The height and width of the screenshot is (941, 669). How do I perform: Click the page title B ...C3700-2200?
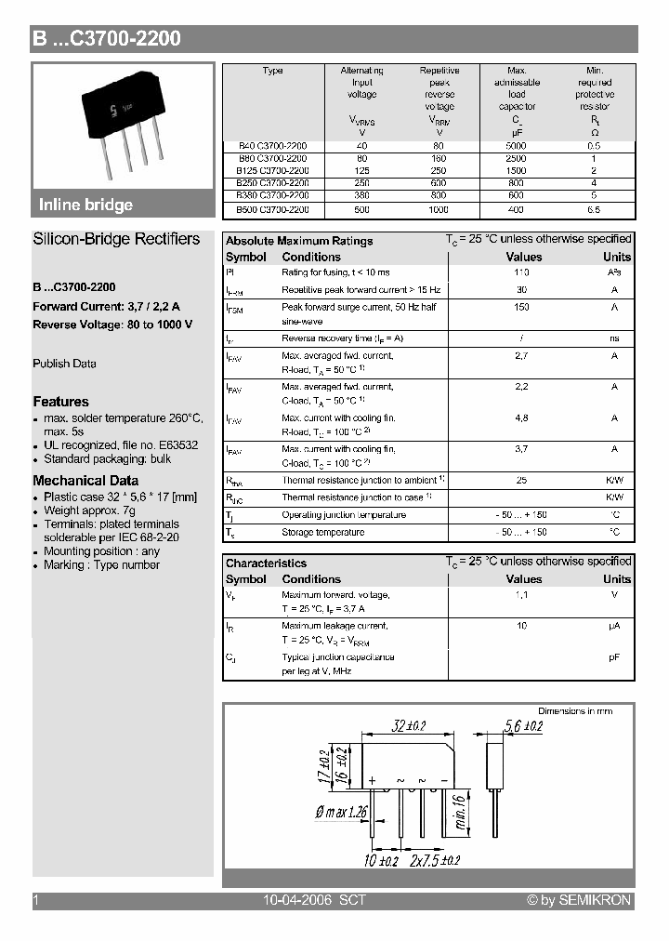coord(107,38)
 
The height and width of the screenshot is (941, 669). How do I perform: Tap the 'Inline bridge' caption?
coord(85,205)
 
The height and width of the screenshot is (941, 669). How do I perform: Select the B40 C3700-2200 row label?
coord(272,147)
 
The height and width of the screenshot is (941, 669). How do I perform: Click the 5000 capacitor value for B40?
coord(517,147)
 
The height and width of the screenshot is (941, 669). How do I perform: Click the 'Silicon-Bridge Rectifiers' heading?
coord(116,239)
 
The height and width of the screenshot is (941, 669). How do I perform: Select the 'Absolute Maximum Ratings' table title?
coord(299,241)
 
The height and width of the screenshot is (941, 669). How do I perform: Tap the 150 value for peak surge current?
coord(522,307)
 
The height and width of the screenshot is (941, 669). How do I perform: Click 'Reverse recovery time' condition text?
coord(342,338)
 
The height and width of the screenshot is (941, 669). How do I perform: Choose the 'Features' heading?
coord(60,402)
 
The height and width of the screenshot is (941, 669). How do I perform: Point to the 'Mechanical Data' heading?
coord(85,481)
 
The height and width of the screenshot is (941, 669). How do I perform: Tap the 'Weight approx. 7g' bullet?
coord(89,510)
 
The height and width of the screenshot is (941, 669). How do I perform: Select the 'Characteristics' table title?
coord(266,563)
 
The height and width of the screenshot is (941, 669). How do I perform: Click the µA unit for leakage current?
coord(614,626)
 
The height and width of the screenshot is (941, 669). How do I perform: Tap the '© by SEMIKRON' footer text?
coord(578,900)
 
